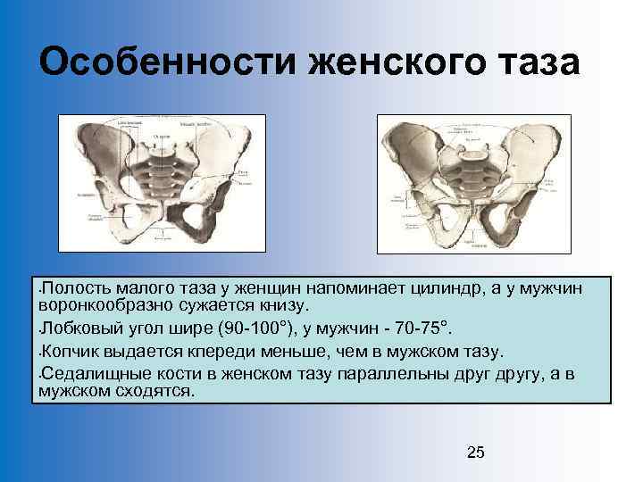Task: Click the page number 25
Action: tap(476, 453)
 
